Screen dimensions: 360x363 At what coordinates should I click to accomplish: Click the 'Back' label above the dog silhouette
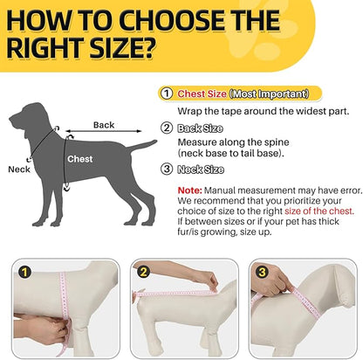point(104,125)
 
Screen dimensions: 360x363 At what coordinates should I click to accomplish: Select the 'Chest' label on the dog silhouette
point(80,160)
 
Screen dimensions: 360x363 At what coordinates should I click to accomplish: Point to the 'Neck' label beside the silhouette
point(18,170)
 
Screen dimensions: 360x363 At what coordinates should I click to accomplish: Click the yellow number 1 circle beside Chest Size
point(166,93)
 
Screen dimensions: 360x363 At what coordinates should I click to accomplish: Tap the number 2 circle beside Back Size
point(166,128)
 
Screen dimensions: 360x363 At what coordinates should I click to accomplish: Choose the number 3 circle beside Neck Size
point(166,170)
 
